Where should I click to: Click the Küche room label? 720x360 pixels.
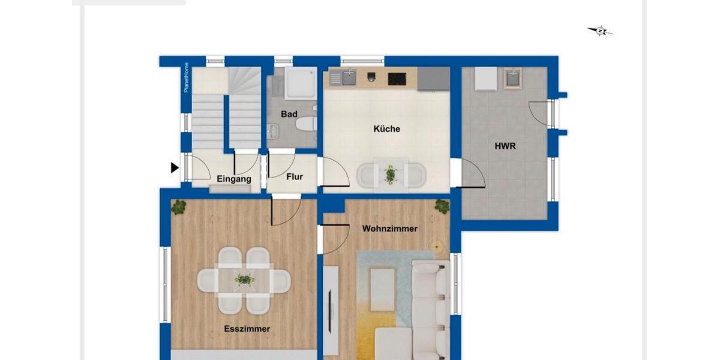tap(386, 128)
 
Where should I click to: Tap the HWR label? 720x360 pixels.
tap(505, 146)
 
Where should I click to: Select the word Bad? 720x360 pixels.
tap(289, 114)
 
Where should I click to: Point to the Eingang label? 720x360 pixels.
tap(234, 178)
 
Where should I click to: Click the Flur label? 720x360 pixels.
tap(294, 177)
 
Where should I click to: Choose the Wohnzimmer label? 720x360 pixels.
tap(389, 229)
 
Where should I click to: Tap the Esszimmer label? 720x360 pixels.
tap(247, 329)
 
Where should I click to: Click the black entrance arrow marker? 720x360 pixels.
tap(175, 168)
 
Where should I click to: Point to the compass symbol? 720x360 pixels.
tap(599, 31)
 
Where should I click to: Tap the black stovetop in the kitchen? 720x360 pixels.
tap(397, 79)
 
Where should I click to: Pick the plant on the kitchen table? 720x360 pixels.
tap(391, 175)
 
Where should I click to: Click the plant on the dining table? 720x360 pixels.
tap(244, 279)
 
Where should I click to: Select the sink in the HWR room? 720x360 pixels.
tap(513, 79)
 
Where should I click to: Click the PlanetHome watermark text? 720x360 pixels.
tap(187, 77)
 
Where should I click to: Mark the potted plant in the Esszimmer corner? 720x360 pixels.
tap(179, 207)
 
